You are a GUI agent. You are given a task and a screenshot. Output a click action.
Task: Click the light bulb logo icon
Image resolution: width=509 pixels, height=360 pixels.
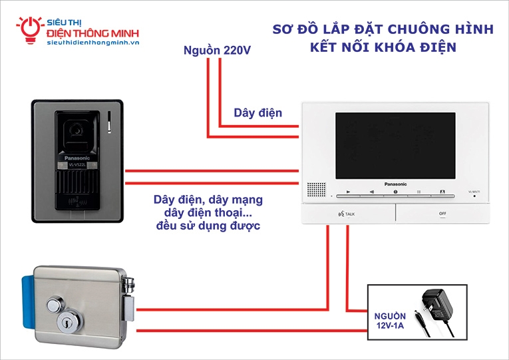click(30, 29)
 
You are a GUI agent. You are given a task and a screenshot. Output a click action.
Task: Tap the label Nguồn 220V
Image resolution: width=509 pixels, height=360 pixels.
click(217, 50)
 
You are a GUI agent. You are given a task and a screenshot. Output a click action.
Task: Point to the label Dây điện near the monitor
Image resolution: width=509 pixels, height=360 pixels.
click(257, 113)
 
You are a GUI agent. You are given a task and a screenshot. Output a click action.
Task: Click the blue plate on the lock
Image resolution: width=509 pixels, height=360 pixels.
click(27, 303)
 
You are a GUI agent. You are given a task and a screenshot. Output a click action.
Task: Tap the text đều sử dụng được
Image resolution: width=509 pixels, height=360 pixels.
click(208, 227)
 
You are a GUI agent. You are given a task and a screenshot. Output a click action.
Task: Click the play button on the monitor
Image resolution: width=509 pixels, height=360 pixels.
click(347, 192)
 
